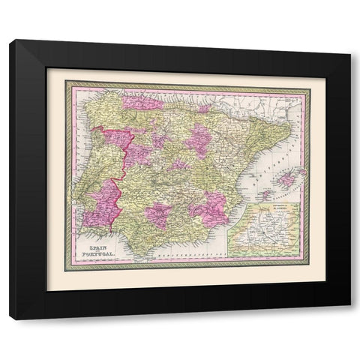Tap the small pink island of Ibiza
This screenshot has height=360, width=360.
click(265, 194)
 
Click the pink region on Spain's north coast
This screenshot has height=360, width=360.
click(142, 99)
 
